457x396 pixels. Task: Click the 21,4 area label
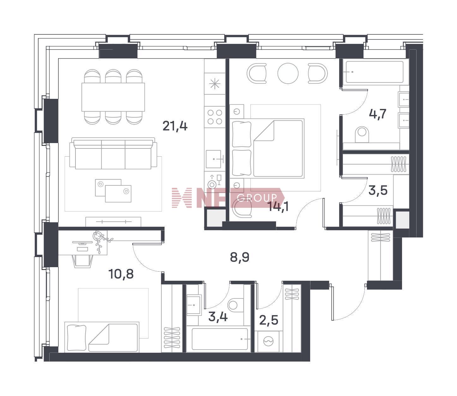(175, 126)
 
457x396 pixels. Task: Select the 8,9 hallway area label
(240, 257)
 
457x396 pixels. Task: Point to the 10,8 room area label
(121, 274)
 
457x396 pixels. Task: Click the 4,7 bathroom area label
(378, 114)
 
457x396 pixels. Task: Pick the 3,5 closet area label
(378, 190)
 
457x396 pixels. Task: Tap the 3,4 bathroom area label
(218, 317)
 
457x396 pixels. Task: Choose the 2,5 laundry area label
(269, 320)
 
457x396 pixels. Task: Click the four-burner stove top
(215, 117)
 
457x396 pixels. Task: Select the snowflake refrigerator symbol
(215, 84)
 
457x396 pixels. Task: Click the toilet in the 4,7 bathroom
(362, 134)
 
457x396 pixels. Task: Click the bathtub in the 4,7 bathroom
(375, 72)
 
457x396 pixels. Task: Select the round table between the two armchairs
(288, 73)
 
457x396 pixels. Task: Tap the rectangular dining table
(113, 97)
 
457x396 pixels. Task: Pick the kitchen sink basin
(213, 159)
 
